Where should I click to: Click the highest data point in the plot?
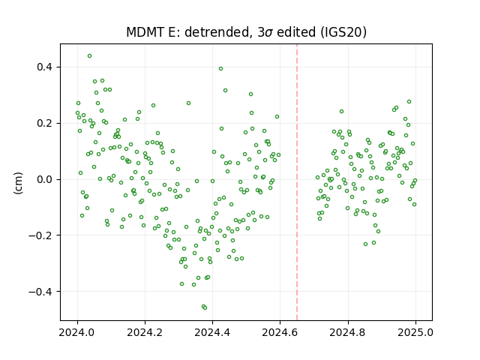(x=90, y=56)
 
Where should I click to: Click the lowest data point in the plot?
(x=205, y=307)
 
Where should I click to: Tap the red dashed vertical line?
(x=297, y=182)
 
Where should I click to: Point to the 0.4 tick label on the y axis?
(x=45, y=67)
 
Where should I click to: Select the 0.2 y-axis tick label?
(x=45, y=123)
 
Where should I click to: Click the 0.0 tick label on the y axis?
(x=45, y=179)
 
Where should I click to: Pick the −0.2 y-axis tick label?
(x=40, y=235)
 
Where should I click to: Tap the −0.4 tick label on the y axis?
(x=40, y=292)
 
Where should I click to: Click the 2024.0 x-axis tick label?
(x=77, y=332)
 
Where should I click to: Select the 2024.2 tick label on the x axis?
(x=145, y=332)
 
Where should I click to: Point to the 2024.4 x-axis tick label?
(x=212, y=332)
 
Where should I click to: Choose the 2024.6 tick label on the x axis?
(x=280, y=332)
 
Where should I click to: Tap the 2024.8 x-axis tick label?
(x=348, y=332)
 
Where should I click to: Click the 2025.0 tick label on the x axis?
(x=415, y=332)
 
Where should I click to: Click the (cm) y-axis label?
(x=18, y=183)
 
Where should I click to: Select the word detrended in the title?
(x=217, y=32)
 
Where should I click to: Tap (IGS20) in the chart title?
(x=343, y=32)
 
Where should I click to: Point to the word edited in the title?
(x=295, y=32)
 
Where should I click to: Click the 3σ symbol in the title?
(x=265, y=32)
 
